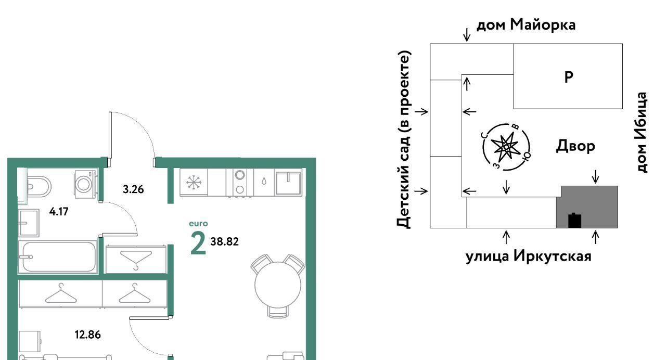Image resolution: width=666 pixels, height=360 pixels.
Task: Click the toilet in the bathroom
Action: (39, 187)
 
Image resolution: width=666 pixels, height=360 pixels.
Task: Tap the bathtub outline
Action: (58, 257)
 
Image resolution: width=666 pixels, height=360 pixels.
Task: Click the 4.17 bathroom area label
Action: (59, 212)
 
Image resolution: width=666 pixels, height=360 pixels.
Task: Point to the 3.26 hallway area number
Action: (133, 189)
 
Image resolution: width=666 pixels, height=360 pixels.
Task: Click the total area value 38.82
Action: (224, 242)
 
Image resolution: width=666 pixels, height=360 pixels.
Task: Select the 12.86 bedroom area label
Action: (88, 335)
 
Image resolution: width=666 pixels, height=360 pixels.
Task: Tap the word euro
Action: (198, 224)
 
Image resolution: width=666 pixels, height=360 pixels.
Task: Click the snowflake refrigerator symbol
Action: (194, 182)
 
